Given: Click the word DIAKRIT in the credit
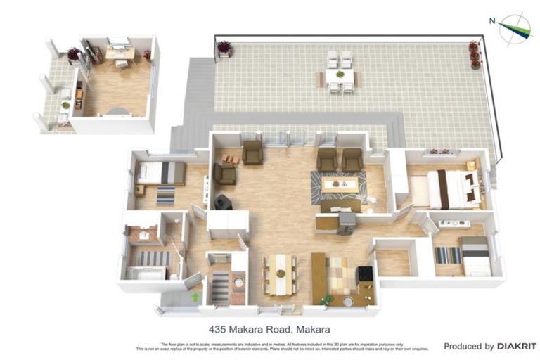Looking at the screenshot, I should tap(516, 346).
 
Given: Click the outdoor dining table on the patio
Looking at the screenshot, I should tap(339, 75).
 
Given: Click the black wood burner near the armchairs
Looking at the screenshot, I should tap(223, 202).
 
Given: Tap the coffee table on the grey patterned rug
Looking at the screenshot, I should tap(339, 185).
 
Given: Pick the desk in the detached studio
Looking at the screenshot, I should tap(120, 53).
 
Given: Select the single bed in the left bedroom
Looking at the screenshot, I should tap(161, 172).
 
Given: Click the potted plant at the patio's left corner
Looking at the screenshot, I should tap(224, 48).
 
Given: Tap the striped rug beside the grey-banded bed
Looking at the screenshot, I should tap(447, 255).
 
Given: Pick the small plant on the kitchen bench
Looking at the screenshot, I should tap(326, 300).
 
